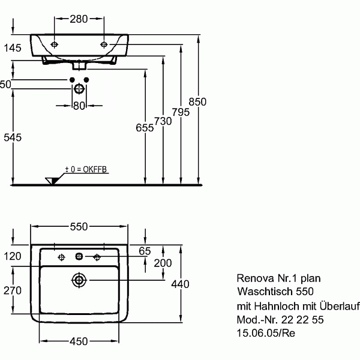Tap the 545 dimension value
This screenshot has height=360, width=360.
(x=11, y=137)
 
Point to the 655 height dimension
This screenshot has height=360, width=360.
(x=145, y=127)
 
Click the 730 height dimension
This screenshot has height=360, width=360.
(x=163, y=121)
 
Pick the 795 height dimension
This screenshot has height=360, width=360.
(x=181, y=112)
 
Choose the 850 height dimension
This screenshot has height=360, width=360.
(x=197, y=101)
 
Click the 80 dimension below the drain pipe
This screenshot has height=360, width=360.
(x=79, y=106)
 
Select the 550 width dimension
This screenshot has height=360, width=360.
(x=79, y=226)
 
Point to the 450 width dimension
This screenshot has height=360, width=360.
(x=79, y=341)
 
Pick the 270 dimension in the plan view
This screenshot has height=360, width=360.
(x=11, y=290)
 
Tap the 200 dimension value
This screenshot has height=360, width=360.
(x=163, y=263)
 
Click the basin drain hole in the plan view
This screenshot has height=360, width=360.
(x=79, y=279)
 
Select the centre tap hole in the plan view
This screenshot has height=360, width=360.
(x=79, y=257)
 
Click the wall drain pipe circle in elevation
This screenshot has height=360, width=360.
(x=79, y=89)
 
